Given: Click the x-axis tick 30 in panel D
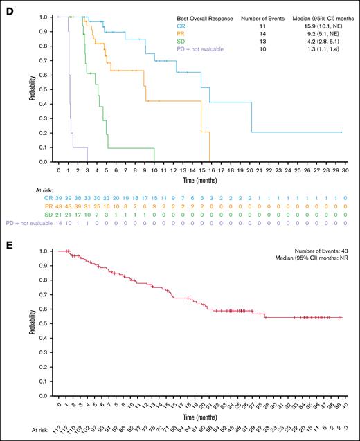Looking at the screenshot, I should pos(342,168).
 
